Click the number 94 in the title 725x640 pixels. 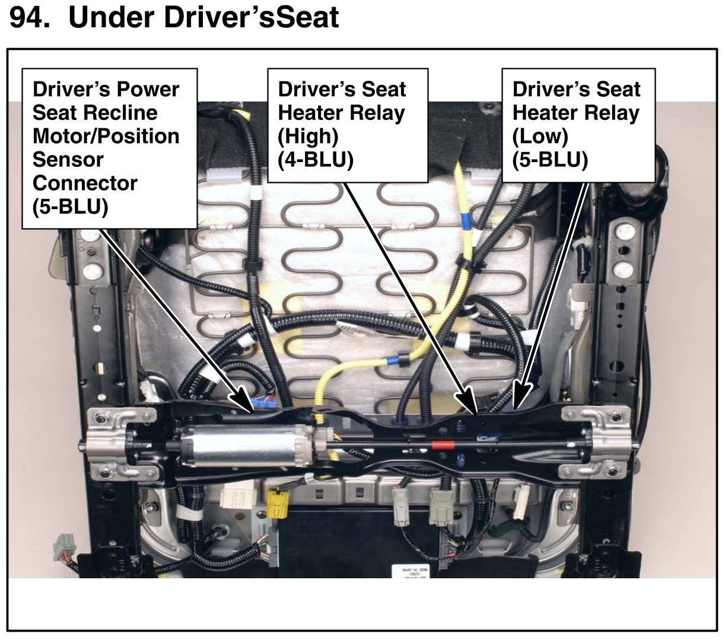27,17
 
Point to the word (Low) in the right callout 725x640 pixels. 540,136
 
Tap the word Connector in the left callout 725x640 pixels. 85,183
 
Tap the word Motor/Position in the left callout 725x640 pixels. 106,136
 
